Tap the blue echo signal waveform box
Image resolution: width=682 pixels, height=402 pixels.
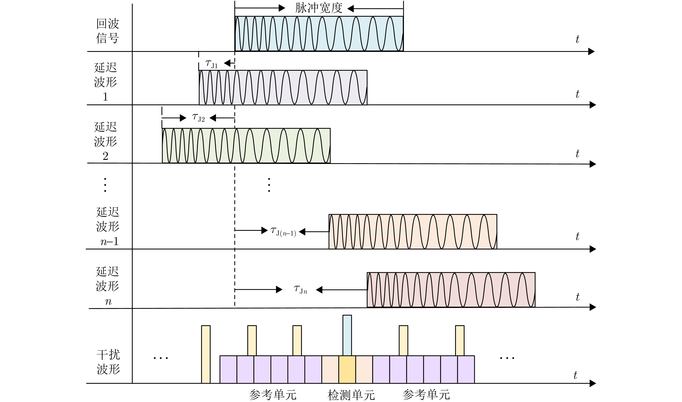(319, 34)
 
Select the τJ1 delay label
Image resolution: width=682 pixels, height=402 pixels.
(211, 64)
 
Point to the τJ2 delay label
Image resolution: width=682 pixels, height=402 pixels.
(198, 118)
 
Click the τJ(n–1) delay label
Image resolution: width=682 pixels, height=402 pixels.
(283, 232)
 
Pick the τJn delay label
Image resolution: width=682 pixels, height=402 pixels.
(300, 290)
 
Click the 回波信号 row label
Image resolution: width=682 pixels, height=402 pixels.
(108, 31)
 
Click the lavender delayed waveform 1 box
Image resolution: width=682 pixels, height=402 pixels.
(283, 88)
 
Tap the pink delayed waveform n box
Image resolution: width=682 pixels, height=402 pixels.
(451, 290)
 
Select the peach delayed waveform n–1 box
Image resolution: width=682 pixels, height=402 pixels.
(413, 232)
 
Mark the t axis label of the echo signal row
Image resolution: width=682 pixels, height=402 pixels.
(577, 40)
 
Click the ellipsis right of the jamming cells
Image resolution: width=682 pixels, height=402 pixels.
(507, 358)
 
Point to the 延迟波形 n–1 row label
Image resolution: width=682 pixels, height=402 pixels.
(108, 226)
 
